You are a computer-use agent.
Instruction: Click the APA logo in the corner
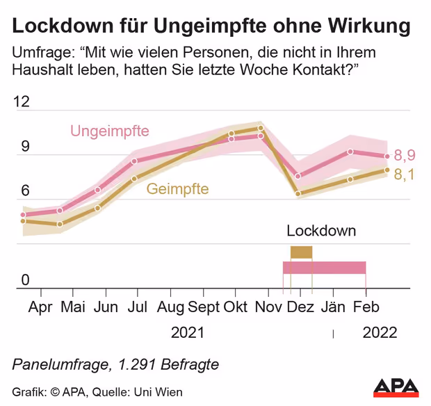click(396, 388)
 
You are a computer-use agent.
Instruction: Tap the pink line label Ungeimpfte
click(110, 131)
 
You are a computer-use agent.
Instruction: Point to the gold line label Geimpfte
click(177, 188)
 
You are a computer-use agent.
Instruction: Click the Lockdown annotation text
click(320, 231)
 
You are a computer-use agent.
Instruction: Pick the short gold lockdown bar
click(301, 252)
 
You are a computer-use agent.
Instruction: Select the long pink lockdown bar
click(324, 268)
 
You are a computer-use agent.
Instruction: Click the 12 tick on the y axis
click(22, 102)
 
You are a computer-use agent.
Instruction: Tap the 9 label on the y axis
click(26, 147)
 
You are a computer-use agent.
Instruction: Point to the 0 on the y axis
click(26, 279)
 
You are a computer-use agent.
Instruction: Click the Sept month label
click(204, 307)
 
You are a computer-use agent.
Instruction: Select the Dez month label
click(300, 307)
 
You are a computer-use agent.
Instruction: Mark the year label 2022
click(380, 333)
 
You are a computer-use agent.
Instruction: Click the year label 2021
click(188, 333)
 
